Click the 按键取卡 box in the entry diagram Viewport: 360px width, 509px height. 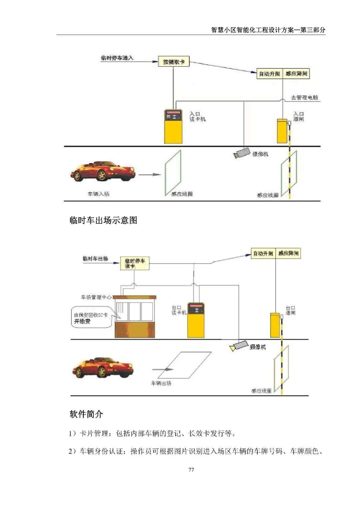pos(173,62)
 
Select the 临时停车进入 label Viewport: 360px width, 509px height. pos(117,58)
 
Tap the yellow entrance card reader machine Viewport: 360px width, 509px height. pos(173,127)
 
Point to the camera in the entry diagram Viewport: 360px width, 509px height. pos(242,153)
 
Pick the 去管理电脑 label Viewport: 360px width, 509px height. pos(304,98)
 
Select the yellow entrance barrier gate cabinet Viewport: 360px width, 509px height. pos(282,131)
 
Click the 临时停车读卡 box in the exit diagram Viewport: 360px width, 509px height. pos(135,263)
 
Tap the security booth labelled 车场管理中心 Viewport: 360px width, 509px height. pos(135,317)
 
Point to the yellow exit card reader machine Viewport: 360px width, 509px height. pos(196,320)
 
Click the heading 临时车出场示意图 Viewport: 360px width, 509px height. pos(103,220)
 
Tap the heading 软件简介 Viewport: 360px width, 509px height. pos(86,414)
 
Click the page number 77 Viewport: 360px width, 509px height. pos(191,470)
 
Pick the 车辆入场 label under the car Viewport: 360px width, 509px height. pos(98,194)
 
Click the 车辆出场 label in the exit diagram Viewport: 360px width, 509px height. pos(161,383)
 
